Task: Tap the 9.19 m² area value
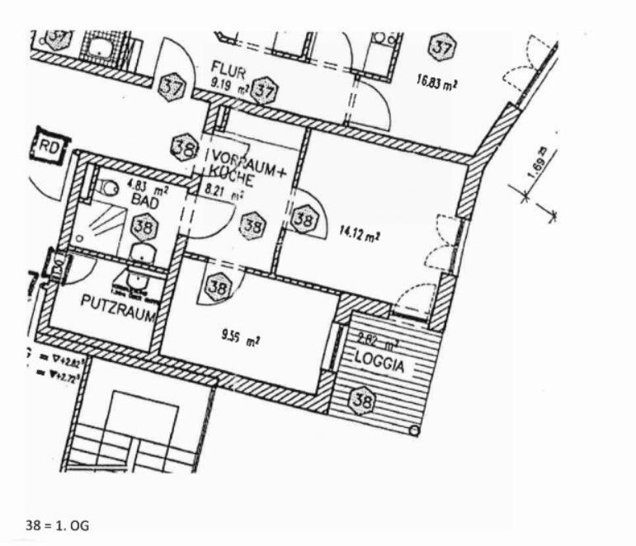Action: [x=228, y=82]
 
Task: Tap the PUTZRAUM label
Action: [x=115, y=303]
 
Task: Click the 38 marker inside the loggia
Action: [x=361, y=401]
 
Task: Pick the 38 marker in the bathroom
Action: [x=143, y=224]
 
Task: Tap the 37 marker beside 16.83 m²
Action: [x=442, y=49]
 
